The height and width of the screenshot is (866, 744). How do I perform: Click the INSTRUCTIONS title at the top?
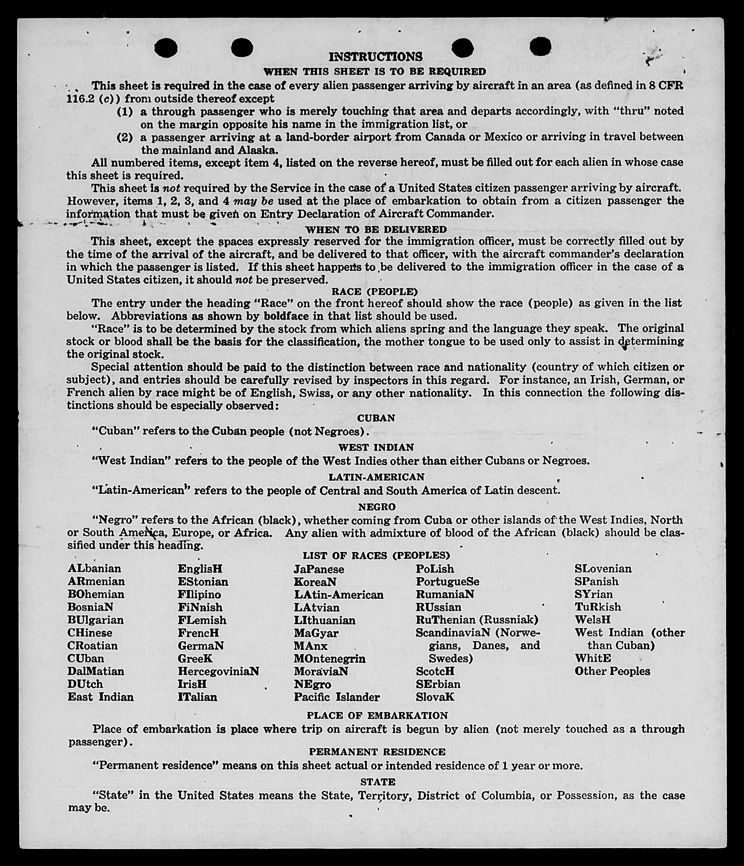[x=376, y=57]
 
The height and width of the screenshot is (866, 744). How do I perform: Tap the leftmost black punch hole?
[x=166, y=47]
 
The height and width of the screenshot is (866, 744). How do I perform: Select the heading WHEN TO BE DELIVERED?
[x=376, y=229]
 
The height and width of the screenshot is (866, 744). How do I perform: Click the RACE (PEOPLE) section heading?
[x=375, y=292]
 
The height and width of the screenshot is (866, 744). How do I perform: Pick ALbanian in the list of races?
[x=94, y=569]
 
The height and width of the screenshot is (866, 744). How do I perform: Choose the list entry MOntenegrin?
[x=329, y=658]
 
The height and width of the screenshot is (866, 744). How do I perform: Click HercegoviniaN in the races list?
[x=218, y=671]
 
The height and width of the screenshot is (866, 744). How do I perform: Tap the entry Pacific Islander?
[x=337, y=697]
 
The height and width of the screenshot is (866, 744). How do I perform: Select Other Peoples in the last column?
[x=612, y=671]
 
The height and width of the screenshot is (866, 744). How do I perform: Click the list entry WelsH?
[x=593, y=619]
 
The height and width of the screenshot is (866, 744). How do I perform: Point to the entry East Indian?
[x=100, y=697]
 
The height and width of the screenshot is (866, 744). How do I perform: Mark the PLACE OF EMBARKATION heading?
[x=377, y=716]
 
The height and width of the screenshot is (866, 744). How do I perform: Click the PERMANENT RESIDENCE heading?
[x=377, y=752]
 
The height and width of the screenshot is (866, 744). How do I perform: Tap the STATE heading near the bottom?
[x=378, y=782]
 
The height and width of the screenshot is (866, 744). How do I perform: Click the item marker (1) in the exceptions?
[x=125, y=112]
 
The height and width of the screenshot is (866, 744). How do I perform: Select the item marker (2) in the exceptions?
[x=125, y=138]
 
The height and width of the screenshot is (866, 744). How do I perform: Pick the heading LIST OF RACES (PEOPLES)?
[x=376, y=555]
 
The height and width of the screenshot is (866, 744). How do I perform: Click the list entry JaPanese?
[x=319, y=569]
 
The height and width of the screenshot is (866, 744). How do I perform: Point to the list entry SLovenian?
[x=603, y=569]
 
